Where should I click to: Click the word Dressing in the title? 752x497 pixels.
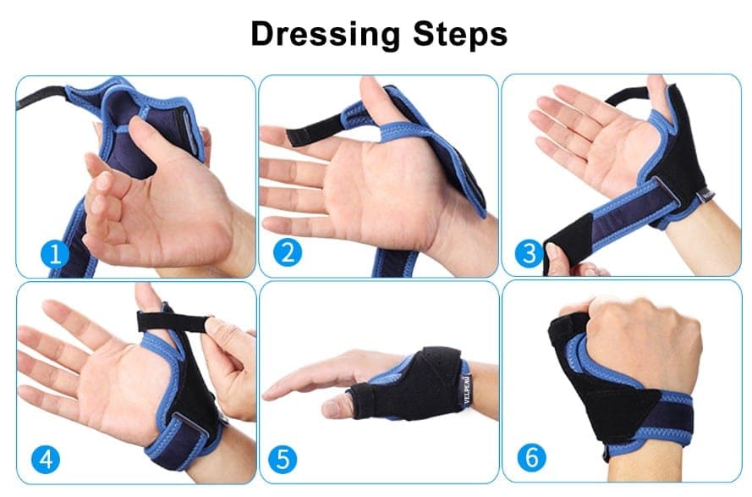coord(325,34)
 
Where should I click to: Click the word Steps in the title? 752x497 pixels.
coord(460,34)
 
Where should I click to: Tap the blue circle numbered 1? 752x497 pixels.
coord(55,253)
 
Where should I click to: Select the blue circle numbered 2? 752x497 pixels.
coord(288,252)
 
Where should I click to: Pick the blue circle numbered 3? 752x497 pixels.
coord(529,253)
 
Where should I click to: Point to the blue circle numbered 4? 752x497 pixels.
coord(46,459)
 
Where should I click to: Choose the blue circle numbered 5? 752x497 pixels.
coord(283,460)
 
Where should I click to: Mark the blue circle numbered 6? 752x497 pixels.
coord(532,457)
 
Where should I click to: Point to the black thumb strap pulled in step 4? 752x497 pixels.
coord(173,322)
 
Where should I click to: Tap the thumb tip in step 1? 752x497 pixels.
coord(139,126)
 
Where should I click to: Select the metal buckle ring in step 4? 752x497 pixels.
coord(189,424)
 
